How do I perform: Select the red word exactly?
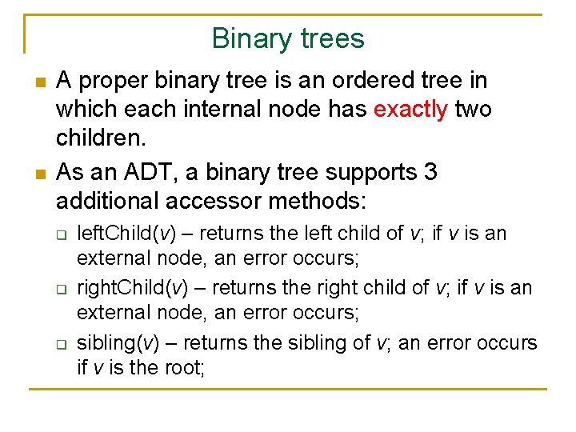[x=410, y=109]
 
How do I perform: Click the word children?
[x=101, y=137]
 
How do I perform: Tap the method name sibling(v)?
[x=118, y=342]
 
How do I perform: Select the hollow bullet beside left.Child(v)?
[x=60, y=234]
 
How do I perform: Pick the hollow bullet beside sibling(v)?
[x=60, y=343]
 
